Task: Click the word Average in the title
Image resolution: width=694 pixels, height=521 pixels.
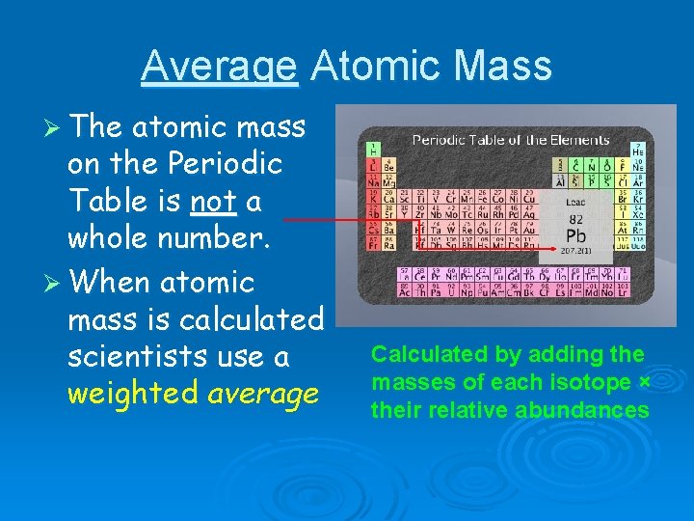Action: pyautogui.click(x=219, y=68)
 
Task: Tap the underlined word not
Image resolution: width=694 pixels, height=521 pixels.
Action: pyautogui.click(x=205, y=201)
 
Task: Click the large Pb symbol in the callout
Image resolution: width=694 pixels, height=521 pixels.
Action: pyautogui.click(x=575, y=235)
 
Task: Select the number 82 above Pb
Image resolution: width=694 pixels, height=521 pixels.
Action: pyautogui.click(x=575, y=219)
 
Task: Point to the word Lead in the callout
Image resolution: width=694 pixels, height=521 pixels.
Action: pyautogui.click(x=575, y=203)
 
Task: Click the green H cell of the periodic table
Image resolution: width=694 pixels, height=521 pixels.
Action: pyautogui.click(x=371, y=150)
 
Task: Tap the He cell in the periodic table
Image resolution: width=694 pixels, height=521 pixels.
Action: pyautogui.click(x=637, y=150)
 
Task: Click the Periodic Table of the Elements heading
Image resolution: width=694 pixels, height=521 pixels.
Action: pyautogui.click(x=511, y=140)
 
